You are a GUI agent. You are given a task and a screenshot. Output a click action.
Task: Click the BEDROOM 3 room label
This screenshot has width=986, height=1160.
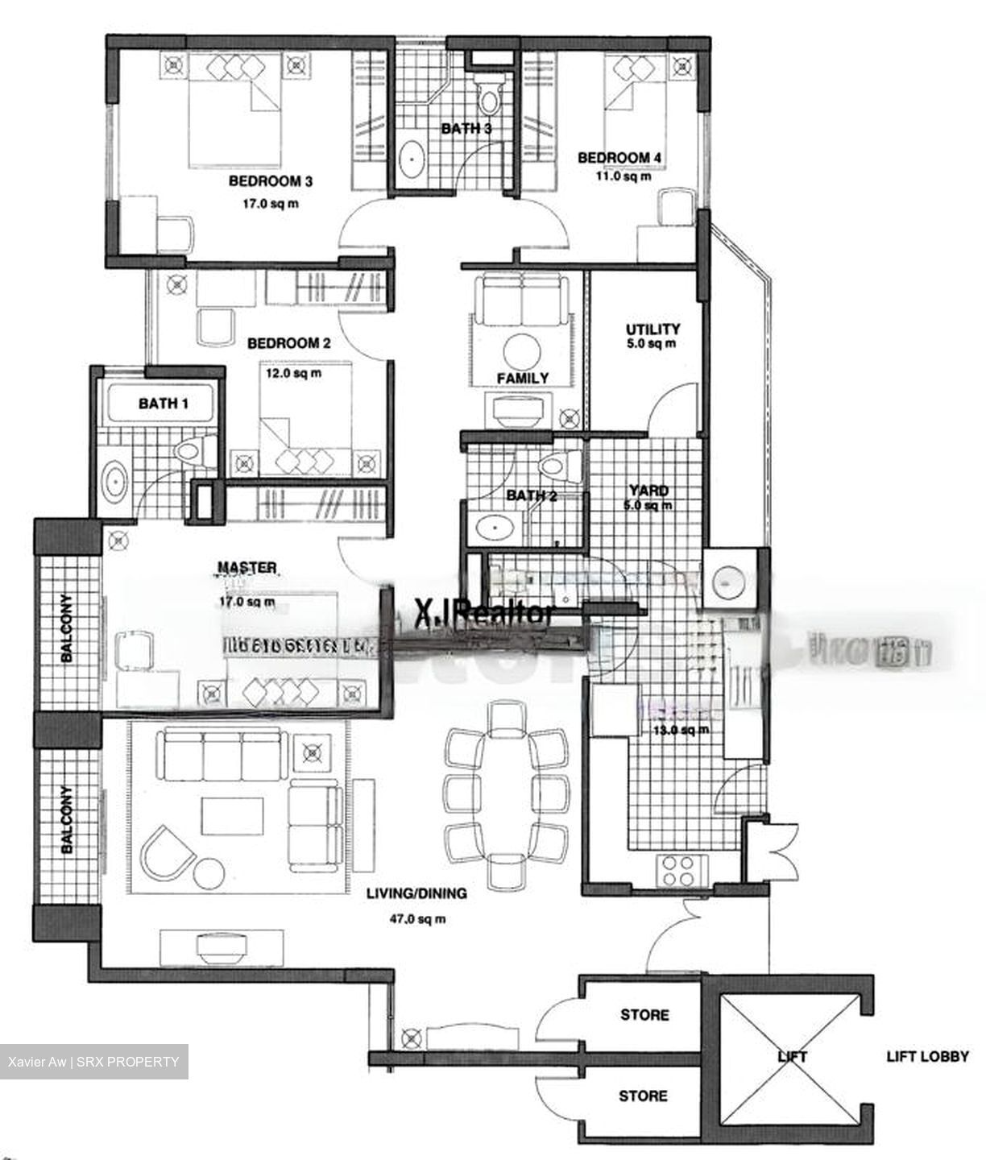coord(271,181)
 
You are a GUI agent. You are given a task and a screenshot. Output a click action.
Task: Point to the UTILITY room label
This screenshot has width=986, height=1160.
coord(653,329)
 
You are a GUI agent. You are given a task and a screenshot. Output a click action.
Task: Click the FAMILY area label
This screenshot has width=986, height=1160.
coord(522,378)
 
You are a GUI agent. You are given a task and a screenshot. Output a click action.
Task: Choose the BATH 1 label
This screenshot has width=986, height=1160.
coord(163,403)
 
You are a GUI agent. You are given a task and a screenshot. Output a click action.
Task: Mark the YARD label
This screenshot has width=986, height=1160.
coord(648,491)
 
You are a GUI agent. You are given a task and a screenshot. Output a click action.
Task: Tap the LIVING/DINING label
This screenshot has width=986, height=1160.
coord(416,893)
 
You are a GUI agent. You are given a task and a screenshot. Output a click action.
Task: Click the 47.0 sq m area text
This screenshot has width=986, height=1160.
coord(416,918)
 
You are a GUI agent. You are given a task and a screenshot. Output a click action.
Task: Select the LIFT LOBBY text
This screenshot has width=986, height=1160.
coord(927,1056)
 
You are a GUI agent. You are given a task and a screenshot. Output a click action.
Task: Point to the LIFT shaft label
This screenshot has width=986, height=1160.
coord(792,1056)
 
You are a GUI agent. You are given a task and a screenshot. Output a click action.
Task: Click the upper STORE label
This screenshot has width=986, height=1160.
coord(644,1015)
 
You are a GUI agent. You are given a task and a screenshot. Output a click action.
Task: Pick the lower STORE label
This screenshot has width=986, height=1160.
coord(643,1096)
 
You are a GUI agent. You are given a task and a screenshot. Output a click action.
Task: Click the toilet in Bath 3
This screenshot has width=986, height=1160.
coord(488,98)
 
